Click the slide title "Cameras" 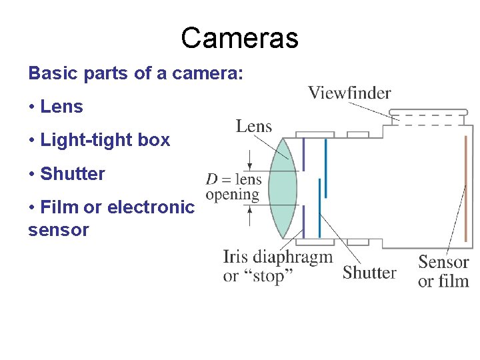coord(239,38)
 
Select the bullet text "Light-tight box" coord(105,140)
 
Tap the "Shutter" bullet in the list coord(72,174)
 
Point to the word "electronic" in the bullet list coord(150,207)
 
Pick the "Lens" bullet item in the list coord(61,107)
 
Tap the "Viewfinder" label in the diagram coord(349,93)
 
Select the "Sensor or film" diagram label coord(443,271)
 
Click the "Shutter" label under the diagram coord(369,272)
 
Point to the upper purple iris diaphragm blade coord(304,155)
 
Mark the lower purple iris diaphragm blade coord(304,221)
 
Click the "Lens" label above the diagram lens coord(254,126)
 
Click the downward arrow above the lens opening coord(250,160)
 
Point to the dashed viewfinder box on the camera coord(427,120)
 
